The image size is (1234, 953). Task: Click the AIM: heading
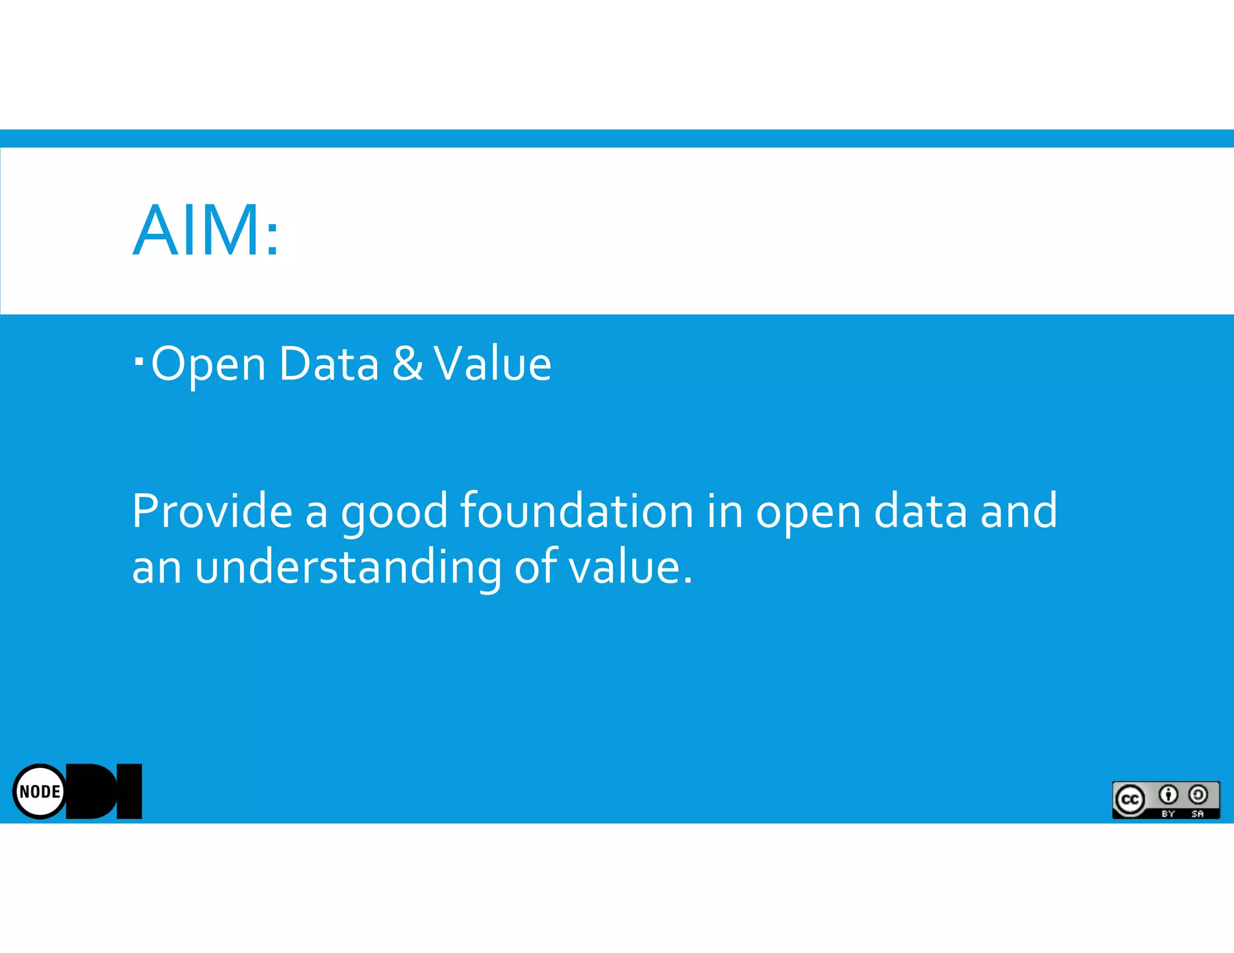[205, 231]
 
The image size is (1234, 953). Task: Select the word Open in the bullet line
[208, 364]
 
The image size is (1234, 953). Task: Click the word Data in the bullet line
[328, 364]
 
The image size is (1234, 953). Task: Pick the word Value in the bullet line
[492, 364]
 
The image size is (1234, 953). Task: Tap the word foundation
[577, 511]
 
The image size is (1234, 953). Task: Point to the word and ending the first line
[1018, 511]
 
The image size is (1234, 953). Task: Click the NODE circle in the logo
[40, 792]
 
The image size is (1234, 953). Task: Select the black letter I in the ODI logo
[129, 792]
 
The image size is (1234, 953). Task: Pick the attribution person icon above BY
[1168, 795]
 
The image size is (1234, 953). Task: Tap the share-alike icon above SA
[1198, 795]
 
